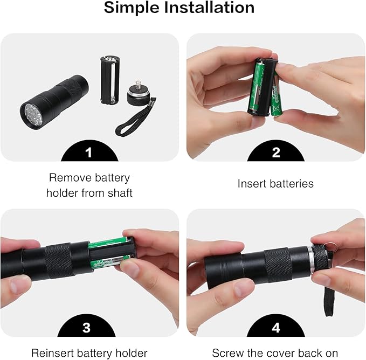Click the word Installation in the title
coord(212,8)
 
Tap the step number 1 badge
coord(89,153)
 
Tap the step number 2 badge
coord(276,153)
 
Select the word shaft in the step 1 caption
coord(118,192)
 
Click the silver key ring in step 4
coord(333,246)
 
